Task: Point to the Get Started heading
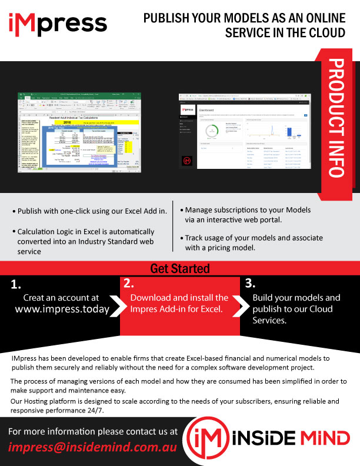pyautogui.click(x=180, y=269)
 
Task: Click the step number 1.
pyautogui.click(x=16, y=285)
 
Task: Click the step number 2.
pyautogui.click(x=129, y=284)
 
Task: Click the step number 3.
pyautogui.click(x=249, y=282)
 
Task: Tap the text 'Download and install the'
pyautogui.click(x=179, y=298)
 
